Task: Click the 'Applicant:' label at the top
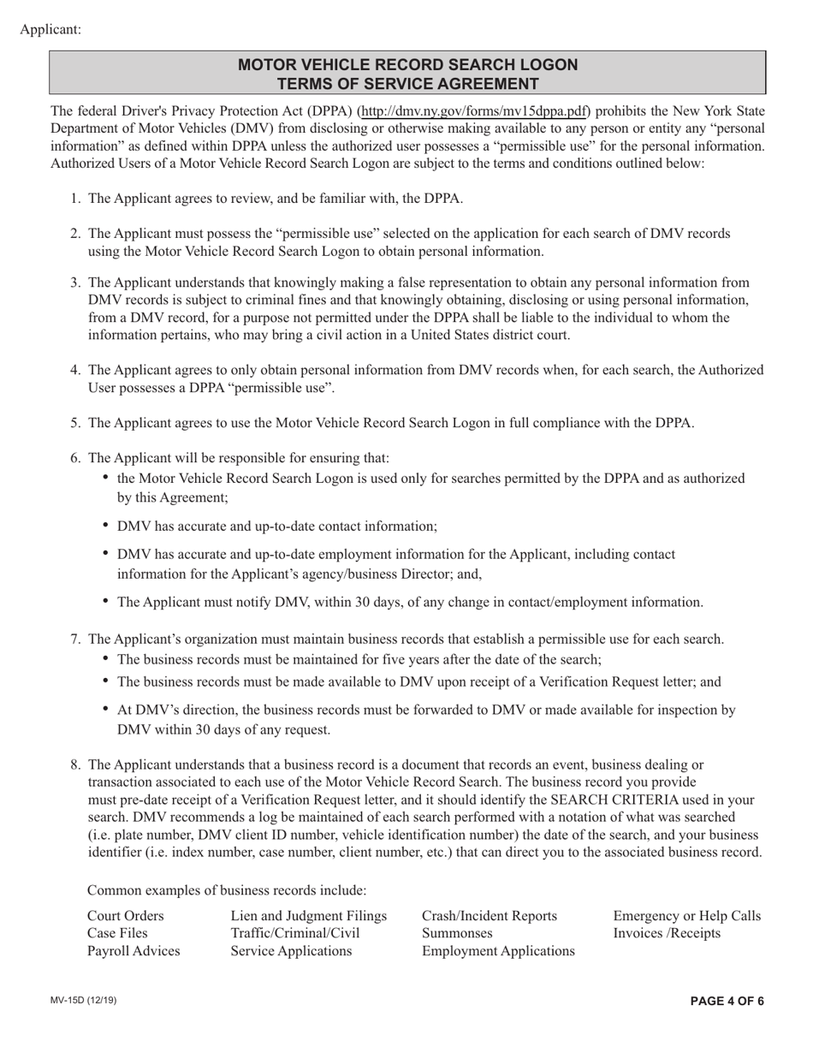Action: pyautogui.click(x=50, y=29)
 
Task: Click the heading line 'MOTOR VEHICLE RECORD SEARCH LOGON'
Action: pyautogui.click(x=407, y=65)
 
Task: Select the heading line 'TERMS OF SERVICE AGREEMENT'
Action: pyautogui.click(x=407, y=84)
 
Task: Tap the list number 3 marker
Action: pyautogui.click(x=75, y=283)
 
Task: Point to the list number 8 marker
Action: pyautogui.click(x=75, y=764)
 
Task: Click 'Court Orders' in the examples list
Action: pyautogui.click(x=126, y=916)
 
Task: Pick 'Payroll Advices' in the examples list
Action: pyautogui.click(x=134, y=951)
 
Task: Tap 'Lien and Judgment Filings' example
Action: pyautogui.click(x=309, y=916)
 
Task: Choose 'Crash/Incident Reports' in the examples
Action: pyautogui.click(x=490, y=916)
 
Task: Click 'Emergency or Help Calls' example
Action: pyautogui.click(x=687, y=916)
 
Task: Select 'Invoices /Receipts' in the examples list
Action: pyautogui.click(x=668, y=933)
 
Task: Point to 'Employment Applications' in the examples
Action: pyautogui.click(x=499, y=951)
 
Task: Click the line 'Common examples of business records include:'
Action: pyautogui.click(x=228, y=889)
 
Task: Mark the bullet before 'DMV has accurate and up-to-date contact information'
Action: pyautogui.click(x=105, y=526)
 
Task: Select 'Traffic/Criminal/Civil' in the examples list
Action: pyautogui.click(x=295, y=933)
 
